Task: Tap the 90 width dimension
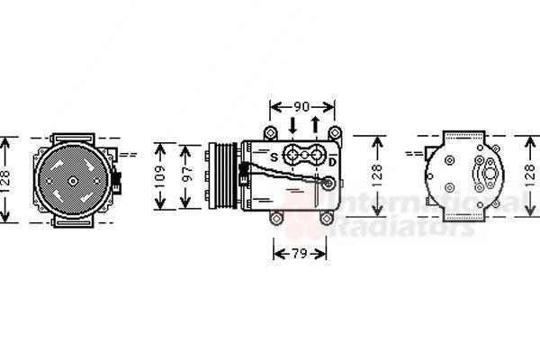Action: coord(302,104)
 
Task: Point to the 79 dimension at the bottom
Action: coord(301,253)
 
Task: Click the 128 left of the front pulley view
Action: coord(7,180)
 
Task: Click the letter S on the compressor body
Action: coord(274,158)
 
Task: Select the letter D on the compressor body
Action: coord(331,162)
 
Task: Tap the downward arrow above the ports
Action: coord(295,124)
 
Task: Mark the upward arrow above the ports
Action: coord(315,124)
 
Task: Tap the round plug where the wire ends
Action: coord(329,184)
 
